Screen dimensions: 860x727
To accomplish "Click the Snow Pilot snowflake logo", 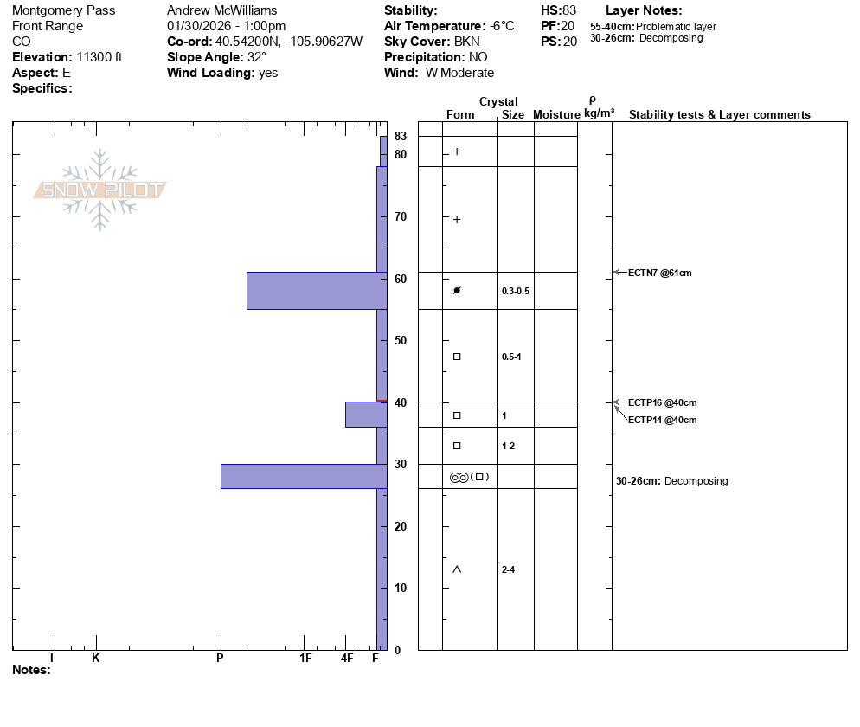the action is [99, 190].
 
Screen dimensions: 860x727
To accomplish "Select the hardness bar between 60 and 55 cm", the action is [317, 291].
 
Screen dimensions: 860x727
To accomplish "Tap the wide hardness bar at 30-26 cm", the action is [304, 476].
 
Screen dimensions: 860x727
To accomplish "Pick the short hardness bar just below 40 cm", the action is [366, 415].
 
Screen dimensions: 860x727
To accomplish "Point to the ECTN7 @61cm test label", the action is [660, 273].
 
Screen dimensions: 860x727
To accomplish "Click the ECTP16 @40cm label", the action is [663, 402].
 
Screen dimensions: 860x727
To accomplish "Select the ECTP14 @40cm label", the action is [663, 421].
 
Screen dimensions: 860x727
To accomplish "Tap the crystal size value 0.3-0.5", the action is [516, 291].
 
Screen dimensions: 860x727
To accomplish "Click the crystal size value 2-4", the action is [508, 569].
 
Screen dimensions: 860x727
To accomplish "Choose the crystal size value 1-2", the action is [508, 446].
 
